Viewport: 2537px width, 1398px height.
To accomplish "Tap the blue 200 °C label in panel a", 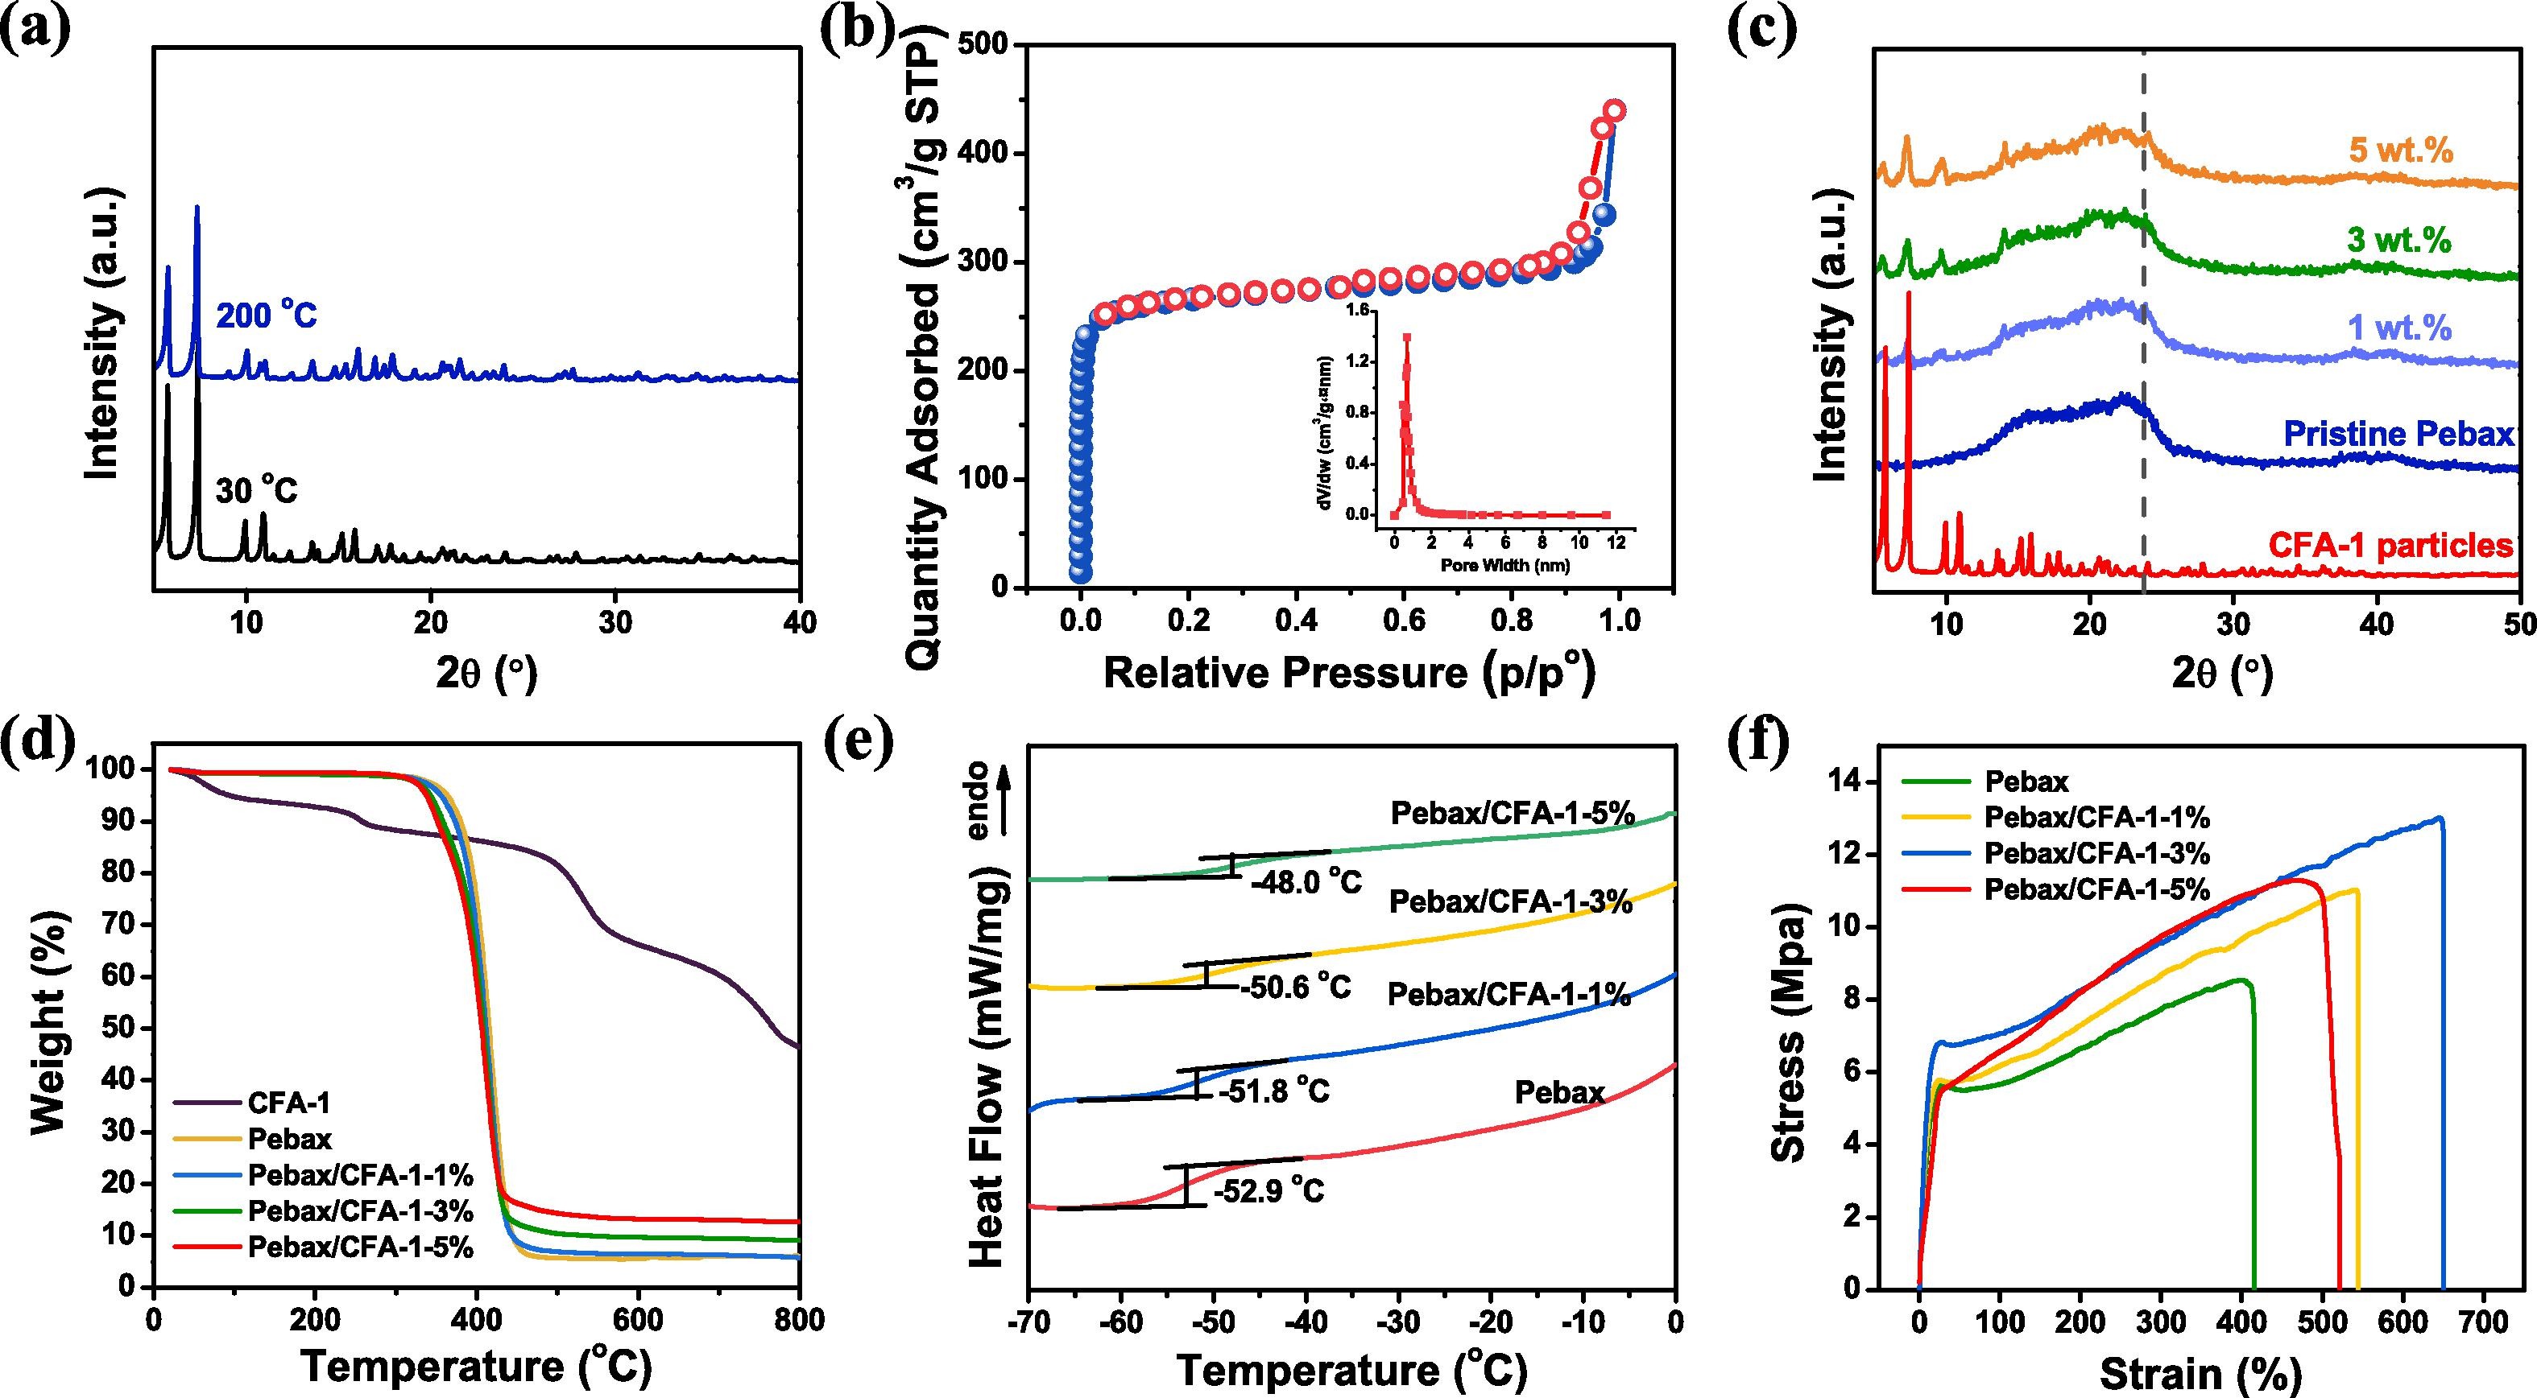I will [266, 317].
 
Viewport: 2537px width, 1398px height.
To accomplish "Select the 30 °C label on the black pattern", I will [256, 489].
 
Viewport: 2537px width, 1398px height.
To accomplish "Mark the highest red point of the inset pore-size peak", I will [1406, 338].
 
